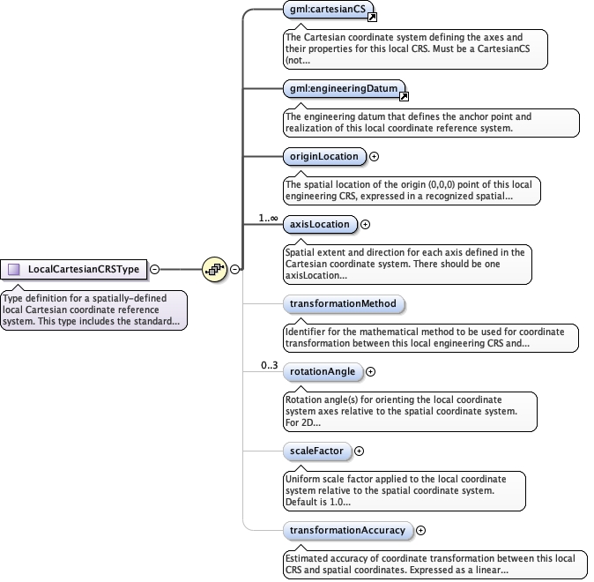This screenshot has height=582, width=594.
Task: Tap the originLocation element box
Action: click(x=323, y=157)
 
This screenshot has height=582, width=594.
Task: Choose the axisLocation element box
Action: click(x=319, y=224)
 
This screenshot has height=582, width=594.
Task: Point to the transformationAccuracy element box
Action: click(x=347, y=530)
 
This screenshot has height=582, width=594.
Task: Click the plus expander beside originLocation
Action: click(x=374, y=157)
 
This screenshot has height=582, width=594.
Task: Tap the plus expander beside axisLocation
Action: click(x=366, y=224)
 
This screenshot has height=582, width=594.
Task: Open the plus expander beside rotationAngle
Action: click(x=370, y=372)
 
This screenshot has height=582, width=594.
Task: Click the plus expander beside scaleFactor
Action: click(x=360, y=451)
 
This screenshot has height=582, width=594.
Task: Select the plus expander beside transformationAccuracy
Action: click(x=420, y=530)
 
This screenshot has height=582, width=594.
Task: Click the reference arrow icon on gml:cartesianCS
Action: click(x=372, y=18)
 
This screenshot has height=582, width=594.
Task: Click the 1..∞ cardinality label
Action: click(x=268, y=217)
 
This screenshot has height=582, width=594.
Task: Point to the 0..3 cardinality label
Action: click(x=269, y=365)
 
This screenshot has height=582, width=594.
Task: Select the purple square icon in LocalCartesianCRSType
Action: click(x=14, y=269)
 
